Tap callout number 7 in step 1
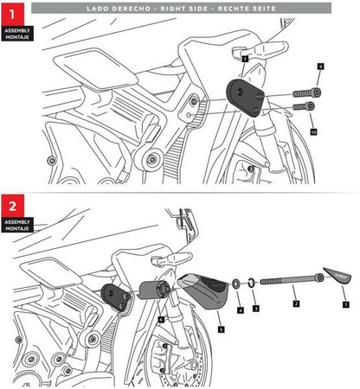[245, 59]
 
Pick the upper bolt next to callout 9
[306, 92]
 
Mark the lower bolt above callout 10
[302, 107]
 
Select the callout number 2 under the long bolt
[295, 305]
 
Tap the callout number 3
[254, 308]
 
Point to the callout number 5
[220, 329]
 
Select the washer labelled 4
[236, 284]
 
